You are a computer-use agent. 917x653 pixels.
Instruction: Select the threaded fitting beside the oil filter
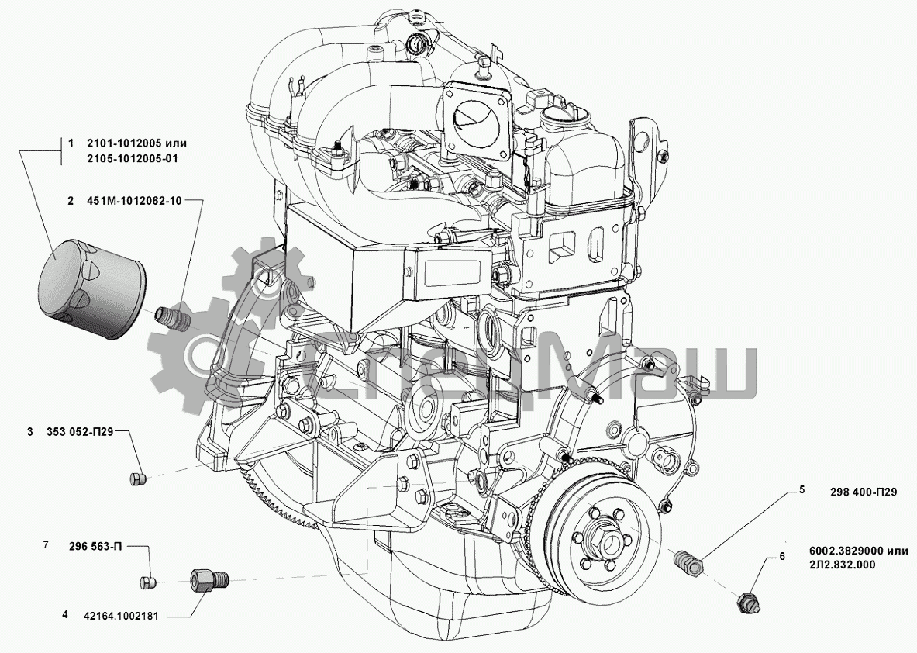[171, 319]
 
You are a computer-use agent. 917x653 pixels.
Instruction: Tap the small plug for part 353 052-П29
[137, 479]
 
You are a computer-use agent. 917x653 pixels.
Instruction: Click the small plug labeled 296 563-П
[148, 582]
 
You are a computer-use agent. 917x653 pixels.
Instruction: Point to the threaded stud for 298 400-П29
[688, 562]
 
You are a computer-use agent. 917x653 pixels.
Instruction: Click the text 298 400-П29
[863, 492]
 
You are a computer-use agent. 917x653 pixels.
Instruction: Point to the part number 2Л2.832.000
[839, 565]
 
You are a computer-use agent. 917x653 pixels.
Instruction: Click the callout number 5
[802, 489]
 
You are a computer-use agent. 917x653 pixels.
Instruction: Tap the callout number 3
[30, 431]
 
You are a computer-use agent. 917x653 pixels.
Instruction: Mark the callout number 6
[782, 556]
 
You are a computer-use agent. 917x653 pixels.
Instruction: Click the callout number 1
[71, 144]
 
